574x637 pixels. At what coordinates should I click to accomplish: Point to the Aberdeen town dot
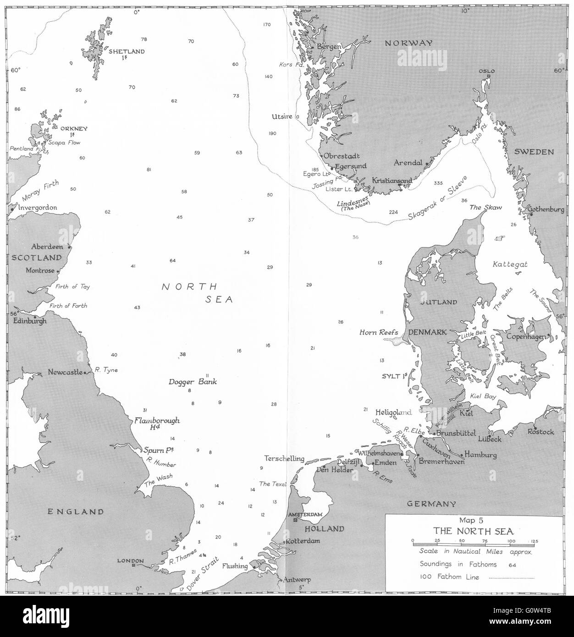pos(70,247)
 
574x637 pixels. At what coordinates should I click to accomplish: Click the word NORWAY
pos(408,43)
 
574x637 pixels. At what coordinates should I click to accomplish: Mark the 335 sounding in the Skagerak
pos(438,183)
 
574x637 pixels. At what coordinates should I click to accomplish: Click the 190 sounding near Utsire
pos(272,133)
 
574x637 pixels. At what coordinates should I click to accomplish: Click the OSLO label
pos(487,71)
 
